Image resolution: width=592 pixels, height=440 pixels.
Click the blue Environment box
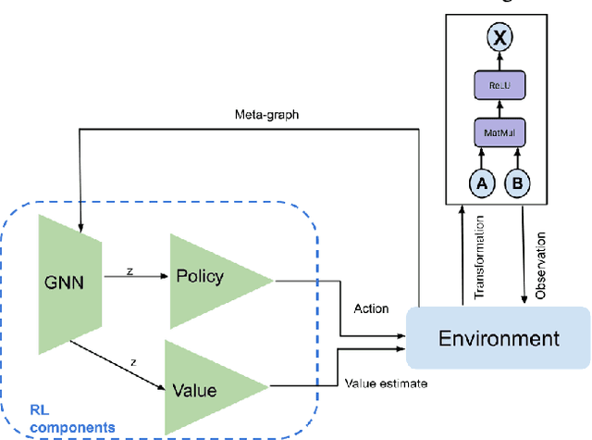499,338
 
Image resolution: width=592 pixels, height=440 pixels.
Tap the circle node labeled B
518,183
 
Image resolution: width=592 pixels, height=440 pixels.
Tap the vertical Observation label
542,259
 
